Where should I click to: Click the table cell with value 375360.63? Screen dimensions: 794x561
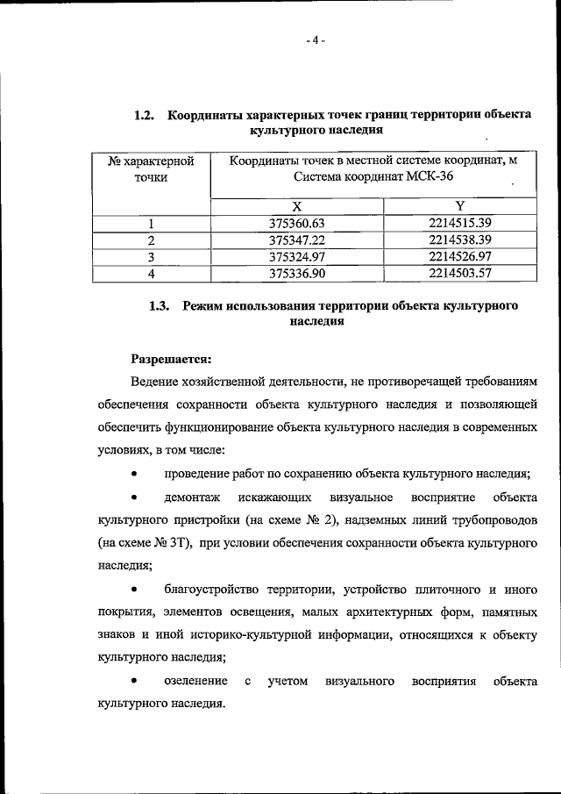coord(297,223)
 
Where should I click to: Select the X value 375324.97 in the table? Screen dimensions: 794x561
coord(297,256)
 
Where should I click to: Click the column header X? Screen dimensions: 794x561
coord(297,206)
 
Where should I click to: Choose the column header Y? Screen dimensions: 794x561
coord(459,206)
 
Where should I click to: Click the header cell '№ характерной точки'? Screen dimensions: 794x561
coord(151,169)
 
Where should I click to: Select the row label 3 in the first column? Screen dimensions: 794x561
coord(151,256)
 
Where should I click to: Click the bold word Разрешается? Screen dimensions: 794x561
coord(172,359)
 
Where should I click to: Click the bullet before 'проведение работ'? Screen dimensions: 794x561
coord(134,475)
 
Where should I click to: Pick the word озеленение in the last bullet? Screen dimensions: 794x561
coord(195,681)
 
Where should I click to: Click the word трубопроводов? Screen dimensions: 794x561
coord(496,520)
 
